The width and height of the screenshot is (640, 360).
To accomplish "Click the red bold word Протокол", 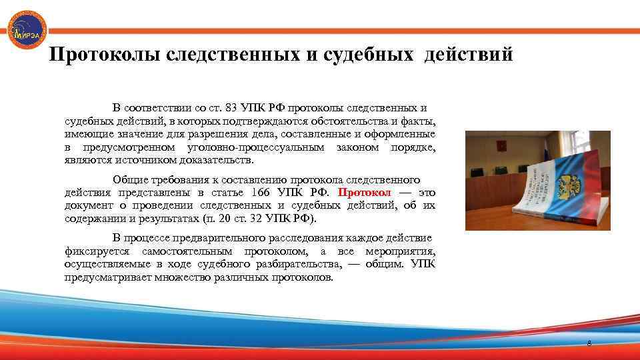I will (365, 193).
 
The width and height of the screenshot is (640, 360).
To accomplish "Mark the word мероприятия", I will (401, 251).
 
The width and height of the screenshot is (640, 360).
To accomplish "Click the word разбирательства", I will (295, 264).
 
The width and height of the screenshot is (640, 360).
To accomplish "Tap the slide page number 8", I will (589, 343).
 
